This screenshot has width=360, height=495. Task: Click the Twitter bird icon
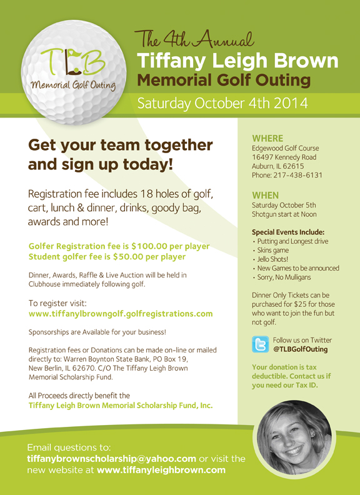coord(260,344)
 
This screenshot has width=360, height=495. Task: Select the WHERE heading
coord(267,138)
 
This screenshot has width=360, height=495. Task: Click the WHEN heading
coord(265,196)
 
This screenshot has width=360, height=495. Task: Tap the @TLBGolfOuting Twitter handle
coord(301,349)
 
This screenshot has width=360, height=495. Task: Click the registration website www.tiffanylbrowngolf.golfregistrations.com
coord(121,314)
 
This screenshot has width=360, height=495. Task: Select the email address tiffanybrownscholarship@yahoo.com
coord(112,458)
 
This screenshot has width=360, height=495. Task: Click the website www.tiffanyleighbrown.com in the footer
coord(161,469)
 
